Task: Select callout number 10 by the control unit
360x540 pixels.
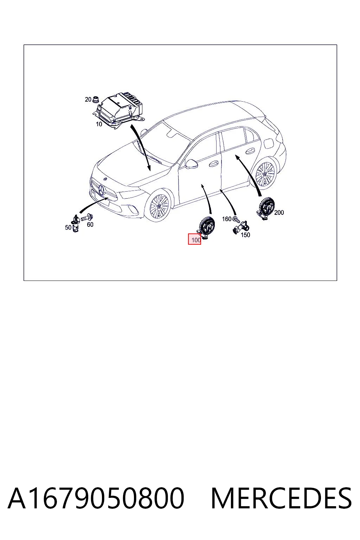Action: (99, 124)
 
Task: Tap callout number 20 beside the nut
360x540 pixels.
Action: (88, 99)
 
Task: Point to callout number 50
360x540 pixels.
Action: (68, 227)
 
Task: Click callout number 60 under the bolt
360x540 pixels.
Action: (90, 224)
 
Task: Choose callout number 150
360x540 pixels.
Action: (245, 234)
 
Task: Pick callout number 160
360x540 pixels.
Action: (227, 219)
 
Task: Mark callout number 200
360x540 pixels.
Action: (279, 212)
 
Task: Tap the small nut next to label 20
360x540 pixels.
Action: (96, 99)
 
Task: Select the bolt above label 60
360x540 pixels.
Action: (88, 218)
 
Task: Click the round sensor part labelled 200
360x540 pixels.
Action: (265, 208)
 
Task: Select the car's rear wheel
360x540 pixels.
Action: (265, 173)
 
